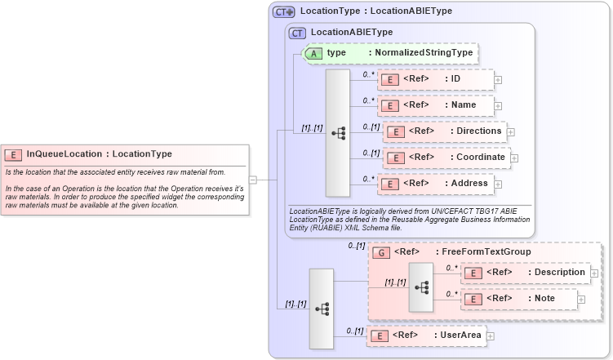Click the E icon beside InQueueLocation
13,153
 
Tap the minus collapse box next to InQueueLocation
253,180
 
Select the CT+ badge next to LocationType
283,11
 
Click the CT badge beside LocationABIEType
297,33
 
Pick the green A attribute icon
313,53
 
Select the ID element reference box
435,79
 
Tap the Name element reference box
435,105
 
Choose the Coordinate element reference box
446,158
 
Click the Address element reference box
435,184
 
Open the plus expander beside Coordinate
515,158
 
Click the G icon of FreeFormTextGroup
381,253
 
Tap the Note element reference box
519,300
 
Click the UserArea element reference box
426,335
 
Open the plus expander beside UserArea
491,336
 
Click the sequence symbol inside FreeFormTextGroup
421,287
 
